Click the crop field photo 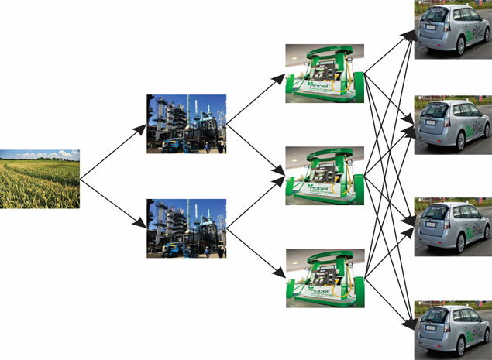(x=40, y=179)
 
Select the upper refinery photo (x=186, y=124)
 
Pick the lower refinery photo (x=186, y=228)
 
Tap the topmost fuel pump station (x=325, y=73)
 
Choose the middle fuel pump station (x=325, y=177)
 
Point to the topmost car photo (x=452, y=29)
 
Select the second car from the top (x=452, y=125)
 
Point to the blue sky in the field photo (x=40, y=153)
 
